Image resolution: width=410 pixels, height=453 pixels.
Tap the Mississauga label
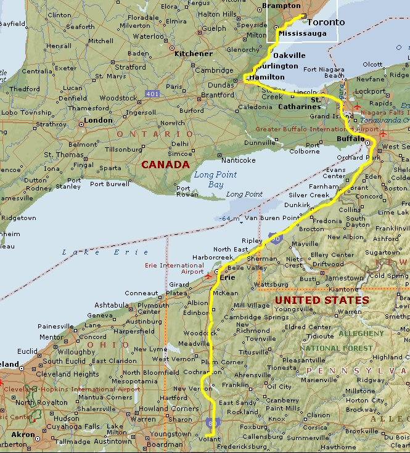302,33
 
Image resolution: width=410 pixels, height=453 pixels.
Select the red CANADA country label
165,165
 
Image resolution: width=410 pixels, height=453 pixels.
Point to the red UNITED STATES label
322,300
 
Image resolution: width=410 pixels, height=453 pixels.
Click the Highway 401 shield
152,94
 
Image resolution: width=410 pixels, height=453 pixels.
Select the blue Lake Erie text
105,252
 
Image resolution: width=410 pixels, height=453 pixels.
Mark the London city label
98,120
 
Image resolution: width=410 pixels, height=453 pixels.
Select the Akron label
23,435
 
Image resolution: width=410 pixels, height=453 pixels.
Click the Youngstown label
171,434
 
